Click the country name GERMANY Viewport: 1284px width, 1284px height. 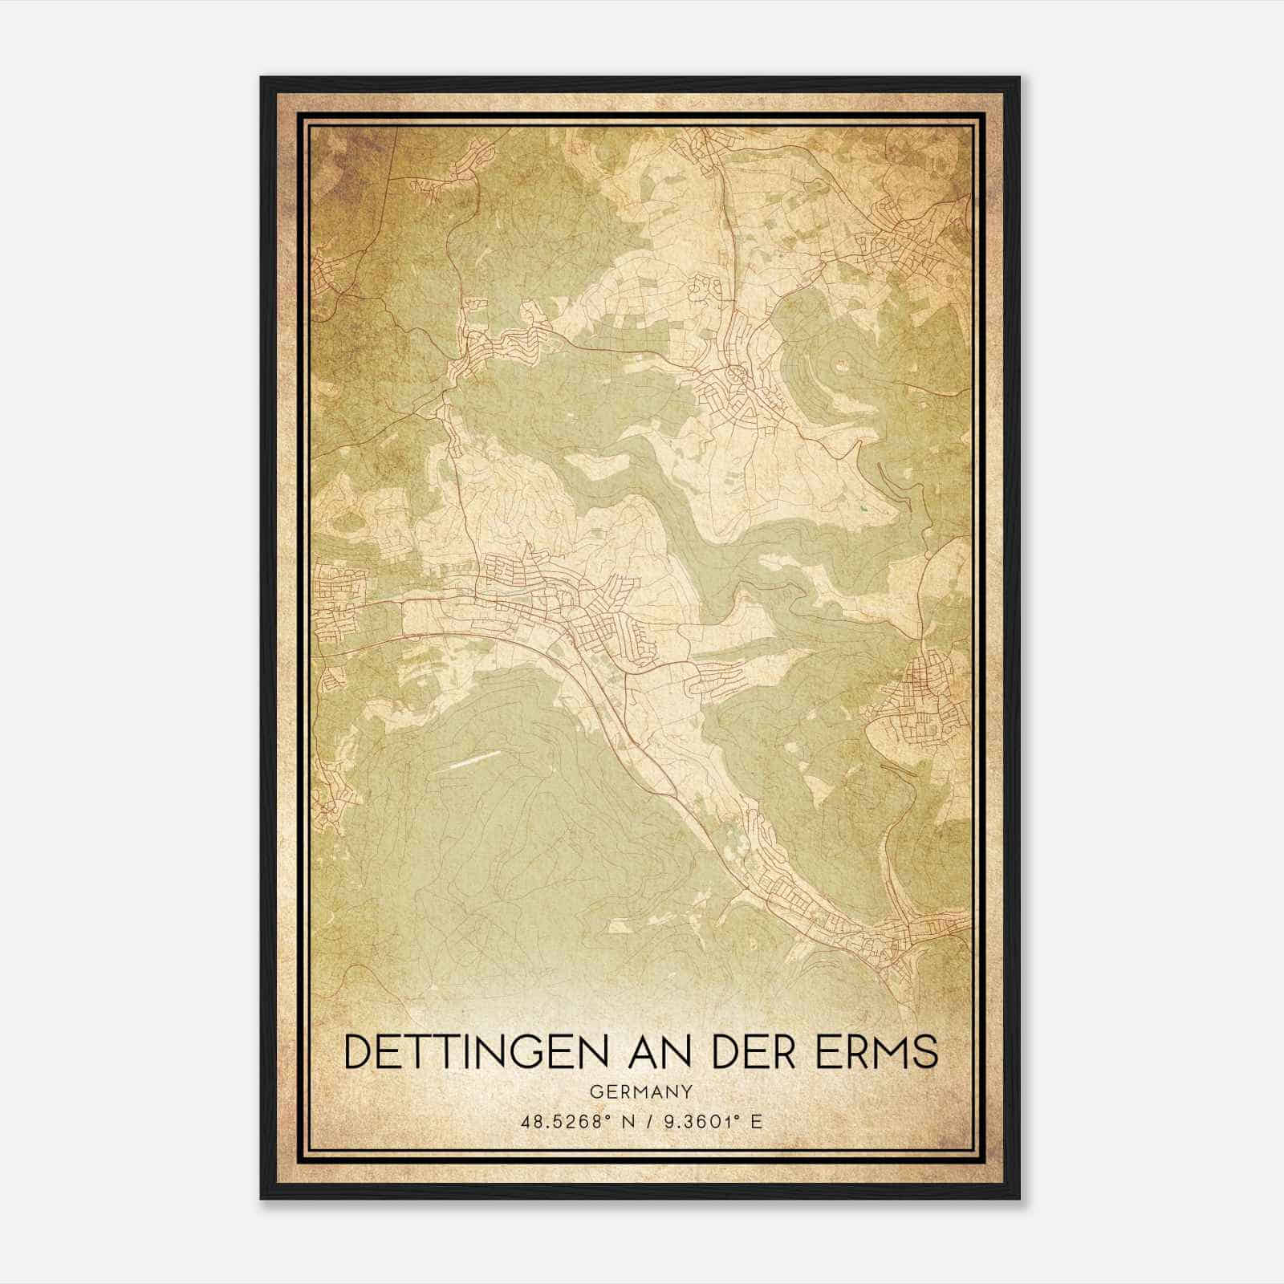tap(641, 1091)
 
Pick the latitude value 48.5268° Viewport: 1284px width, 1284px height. tap(563, 1122)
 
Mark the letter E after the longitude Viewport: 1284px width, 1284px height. tap(755, 1122)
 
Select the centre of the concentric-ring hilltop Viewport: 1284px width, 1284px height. tap(841, 366)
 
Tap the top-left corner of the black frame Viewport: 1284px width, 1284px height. tap(262, 78)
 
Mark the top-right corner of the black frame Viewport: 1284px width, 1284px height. tap(1018, 78)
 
